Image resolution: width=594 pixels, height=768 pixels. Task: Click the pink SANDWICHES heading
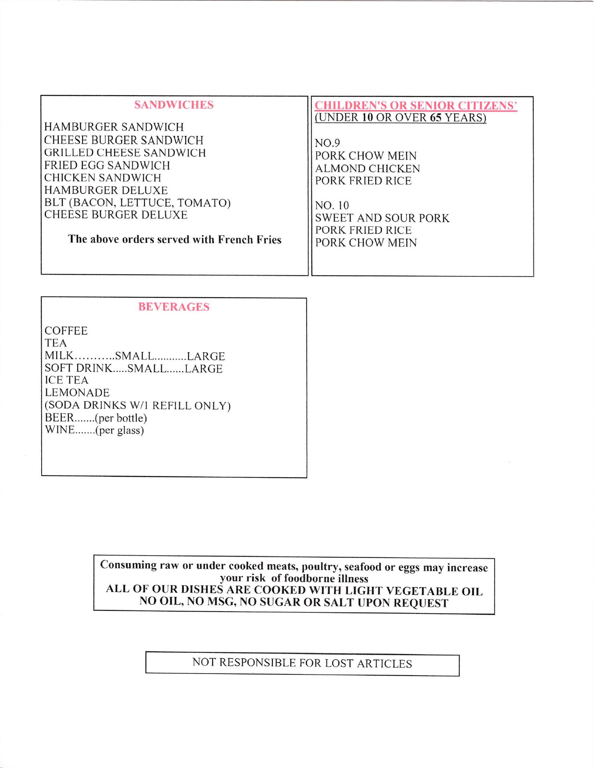pos(174,105)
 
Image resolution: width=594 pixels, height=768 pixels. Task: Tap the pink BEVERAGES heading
pos(174,307)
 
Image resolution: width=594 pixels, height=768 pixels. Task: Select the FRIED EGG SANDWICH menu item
pos(107,165)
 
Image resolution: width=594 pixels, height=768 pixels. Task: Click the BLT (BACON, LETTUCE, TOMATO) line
pos(137,203)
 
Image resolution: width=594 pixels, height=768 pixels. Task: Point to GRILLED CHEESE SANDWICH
pos(125,153)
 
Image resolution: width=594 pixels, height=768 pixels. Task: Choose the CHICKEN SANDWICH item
pos(102,178)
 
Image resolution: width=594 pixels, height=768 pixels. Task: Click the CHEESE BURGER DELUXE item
pos(116,215)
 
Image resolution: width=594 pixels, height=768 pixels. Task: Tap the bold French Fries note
pos(175,239)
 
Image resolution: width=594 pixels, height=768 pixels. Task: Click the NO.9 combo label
pos(327,143)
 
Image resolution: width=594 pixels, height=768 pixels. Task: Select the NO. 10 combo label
pos(332,206)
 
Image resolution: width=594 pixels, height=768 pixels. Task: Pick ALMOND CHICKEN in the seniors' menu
pos(367,168)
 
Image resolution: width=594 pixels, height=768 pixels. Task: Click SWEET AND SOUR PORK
pos(382,218)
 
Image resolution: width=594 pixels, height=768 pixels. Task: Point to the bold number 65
pos(436,118)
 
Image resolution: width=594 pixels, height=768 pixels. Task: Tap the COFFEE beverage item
pos(66,331)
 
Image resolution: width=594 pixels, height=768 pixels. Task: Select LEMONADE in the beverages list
pos(77,393)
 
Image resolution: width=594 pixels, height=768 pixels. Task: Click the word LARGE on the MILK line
pos(206,356)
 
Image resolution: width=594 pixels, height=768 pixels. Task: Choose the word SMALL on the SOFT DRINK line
pos(146,368)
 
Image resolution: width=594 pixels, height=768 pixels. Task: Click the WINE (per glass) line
pos(94,430)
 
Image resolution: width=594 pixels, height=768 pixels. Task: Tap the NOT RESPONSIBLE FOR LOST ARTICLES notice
pos(302,663)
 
